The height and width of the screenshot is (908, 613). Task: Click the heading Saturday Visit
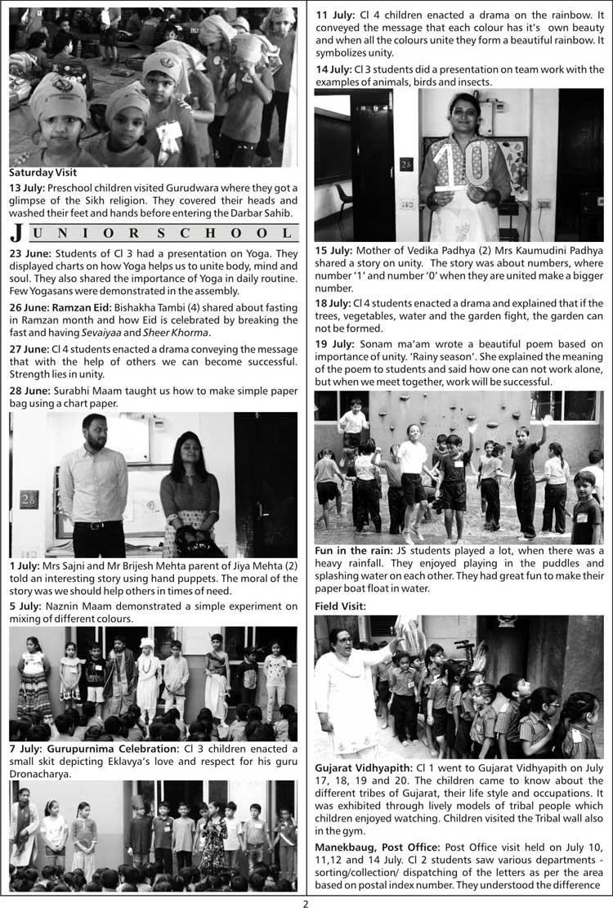pyautogui.click(x=43, y=173)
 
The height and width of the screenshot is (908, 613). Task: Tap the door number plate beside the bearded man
pyautogui.click(x=29, y=499)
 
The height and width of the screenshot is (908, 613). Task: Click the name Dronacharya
pyautogui.click(x=43, y=773)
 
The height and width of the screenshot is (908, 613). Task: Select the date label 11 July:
pyautogui.click(x=333, y=15)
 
